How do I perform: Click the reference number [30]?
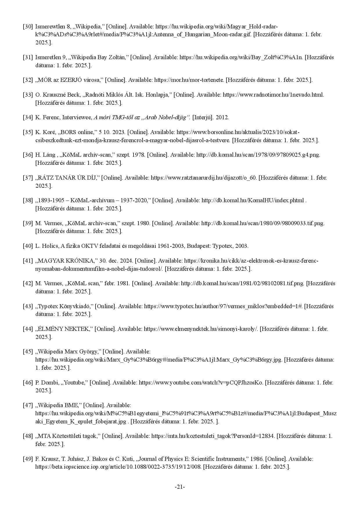point(28,26)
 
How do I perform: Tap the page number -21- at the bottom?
point(180,487)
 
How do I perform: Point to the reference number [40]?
point(28,246)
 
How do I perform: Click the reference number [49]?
point(28,459)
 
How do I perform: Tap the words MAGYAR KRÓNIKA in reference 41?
point(67,261)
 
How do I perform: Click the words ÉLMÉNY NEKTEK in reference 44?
point(64,329)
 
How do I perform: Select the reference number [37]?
point(28,177)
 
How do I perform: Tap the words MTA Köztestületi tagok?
point(69,436)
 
